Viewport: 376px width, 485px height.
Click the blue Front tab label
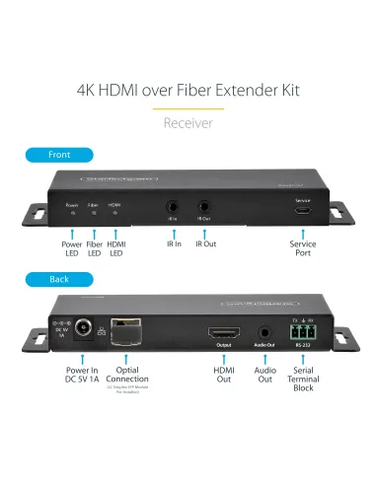(x=59, y=155)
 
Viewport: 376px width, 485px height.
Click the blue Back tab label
(x=59, y=279)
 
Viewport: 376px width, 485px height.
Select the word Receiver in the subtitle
(x=188, y=123)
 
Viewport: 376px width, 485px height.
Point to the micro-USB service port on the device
(x=302, y=211)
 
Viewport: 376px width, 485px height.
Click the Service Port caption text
(x=302, y=249)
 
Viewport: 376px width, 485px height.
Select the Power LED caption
(x=72, y=249)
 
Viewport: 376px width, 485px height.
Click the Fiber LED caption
(x=95, y=249)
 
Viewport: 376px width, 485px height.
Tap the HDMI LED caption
(x=117, y=249)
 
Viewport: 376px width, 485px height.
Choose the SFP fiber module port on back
(x=123, y=331)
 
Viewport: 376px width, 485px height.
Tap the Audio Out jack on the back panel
(x=264, y=333)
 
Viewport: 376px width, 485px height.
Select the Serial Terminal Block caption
(x=302, y=380)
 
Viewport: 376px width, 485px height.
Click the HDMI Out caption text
(x=224, y=375)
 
